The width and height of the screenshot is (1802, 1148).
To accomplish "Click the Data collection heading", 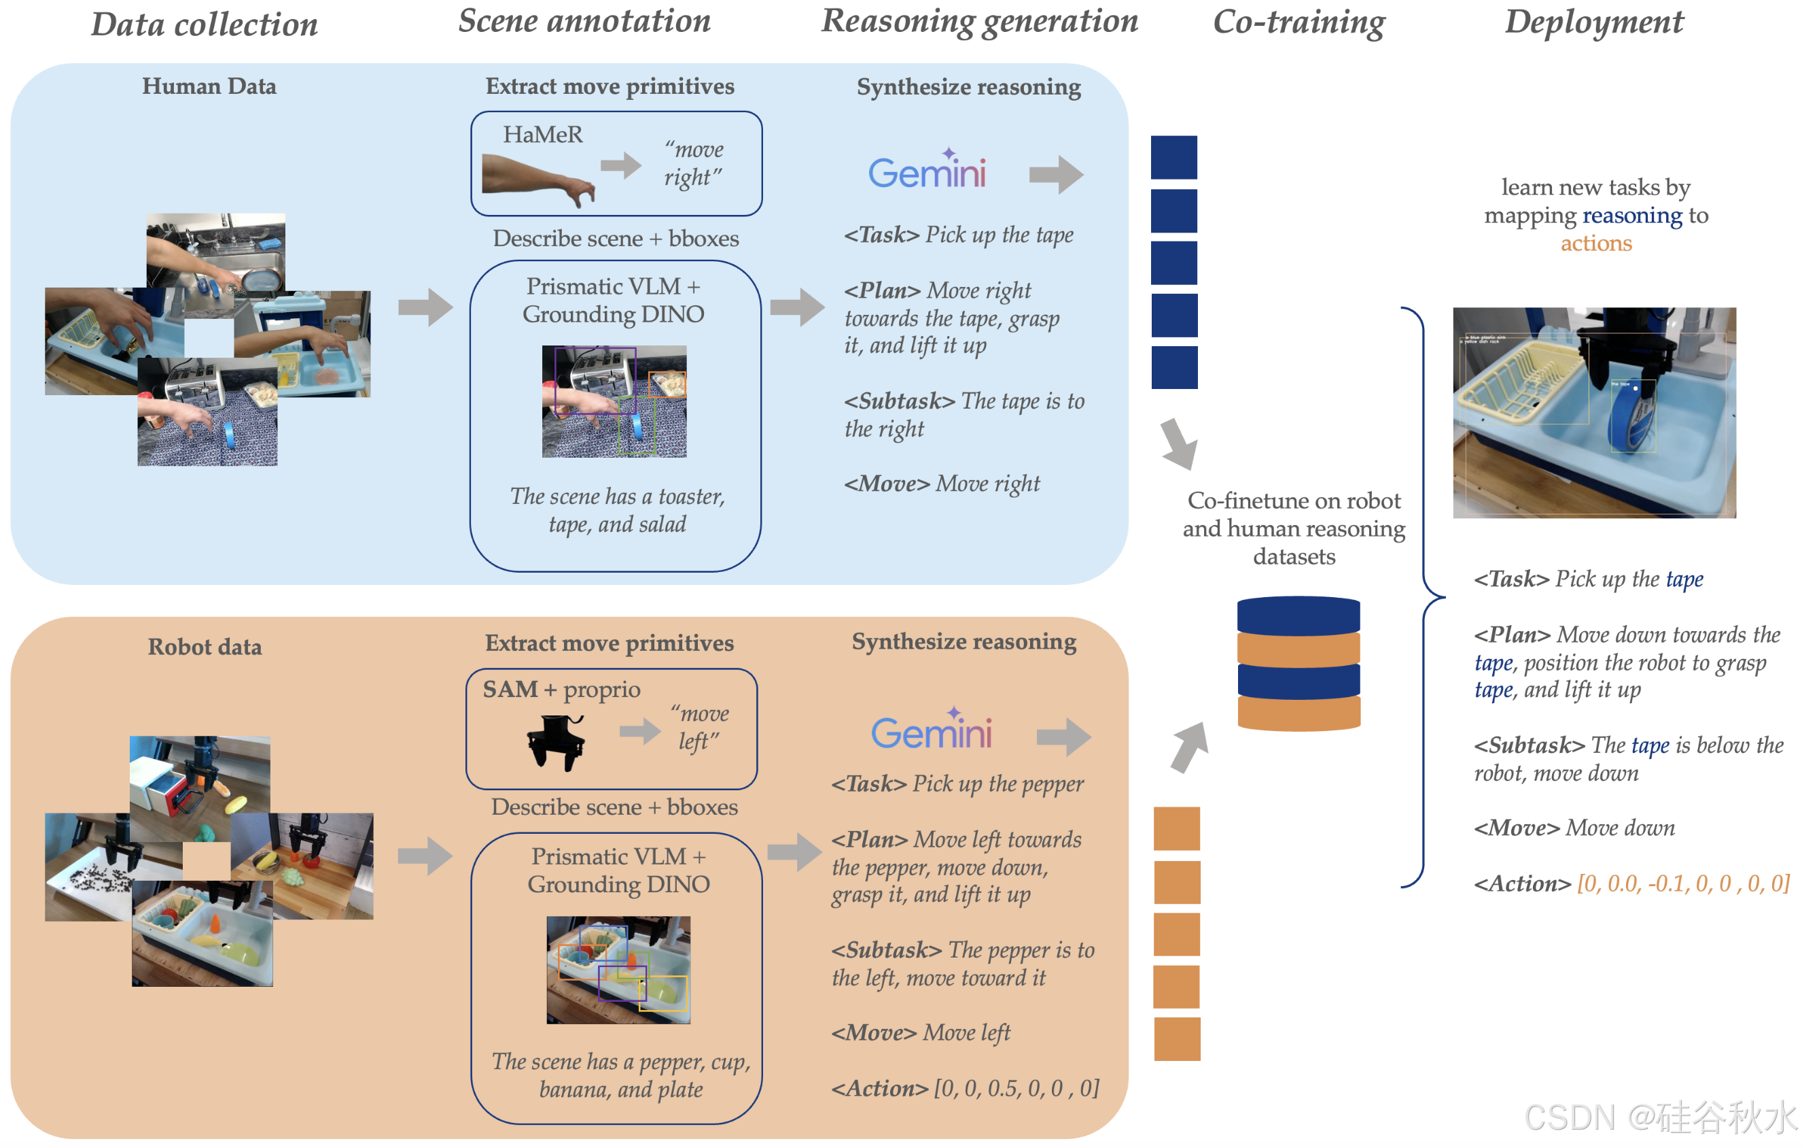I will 205,24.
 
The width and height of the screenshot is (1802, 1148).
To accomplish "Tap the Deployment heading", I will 1593,22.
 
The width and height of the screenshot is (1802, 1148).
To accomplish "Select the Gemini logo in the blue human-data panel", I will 926,171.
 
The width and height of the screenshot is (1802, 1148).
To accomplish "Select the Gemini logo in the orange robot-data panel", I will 931,730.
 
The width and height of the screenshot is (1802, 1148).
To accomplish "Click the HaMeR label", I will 542,135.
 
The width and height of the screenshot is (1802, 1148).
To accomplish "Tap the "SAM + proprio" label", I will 561,689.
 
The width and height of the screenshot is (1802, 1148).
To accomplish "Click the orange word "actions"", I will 1595,243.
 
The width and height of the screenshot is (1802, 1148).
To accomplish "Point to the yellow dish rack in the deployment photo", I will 1519,382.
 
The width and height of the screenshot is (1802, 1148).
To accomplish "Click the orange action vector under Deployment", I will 1682,883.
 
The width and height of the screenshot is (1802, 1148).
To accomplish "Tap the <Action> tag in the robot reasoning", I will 879,1089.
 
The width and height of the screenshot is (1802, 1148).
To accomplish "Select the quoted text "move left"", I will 701,727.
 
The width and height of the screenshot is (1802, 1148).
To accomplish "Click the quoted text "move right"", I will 694,163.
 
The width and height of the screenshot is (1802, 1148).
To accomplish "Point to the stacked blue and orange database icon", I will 1298,662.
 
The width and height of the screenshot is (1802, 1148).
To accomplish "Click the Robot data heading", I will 205,647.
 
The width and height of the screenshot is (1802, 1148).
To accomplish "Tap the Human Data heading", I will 209,87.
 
